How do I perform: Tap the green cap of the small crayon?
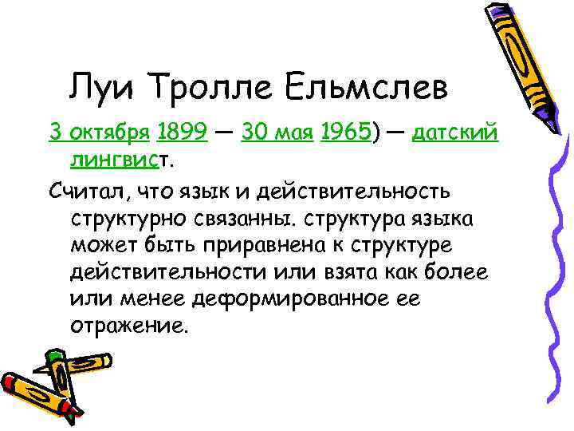tap(57, 355)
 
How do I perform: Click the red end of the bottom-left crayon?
tap(10, 382)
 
